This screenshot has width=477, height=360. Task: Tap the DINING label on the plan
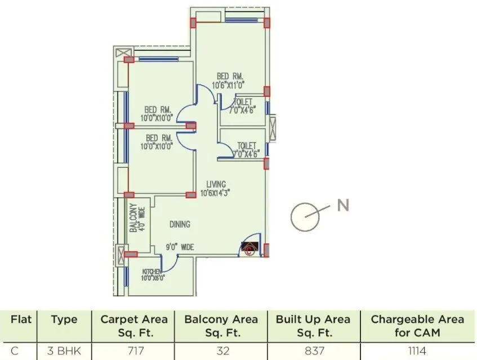coord(180,224)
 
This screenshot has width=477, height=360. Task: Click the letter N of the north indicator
coord(343,206)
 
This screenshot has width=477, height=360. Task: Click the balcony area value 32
coord(222,351)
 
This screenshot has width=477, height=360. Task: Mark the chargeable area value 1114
coord(417,351)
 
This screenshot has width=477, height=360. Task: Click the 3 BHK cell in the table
coord(64,351)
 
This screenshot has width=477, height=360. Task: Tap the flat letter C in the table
coord(15,351)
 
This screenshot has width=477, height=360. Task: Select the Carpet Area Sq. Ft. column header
coord(134,325)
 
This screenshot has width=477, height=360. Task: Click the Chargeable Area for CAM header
coord(417,325)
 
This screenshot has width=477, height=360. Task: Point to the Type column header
coord(64,319)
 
